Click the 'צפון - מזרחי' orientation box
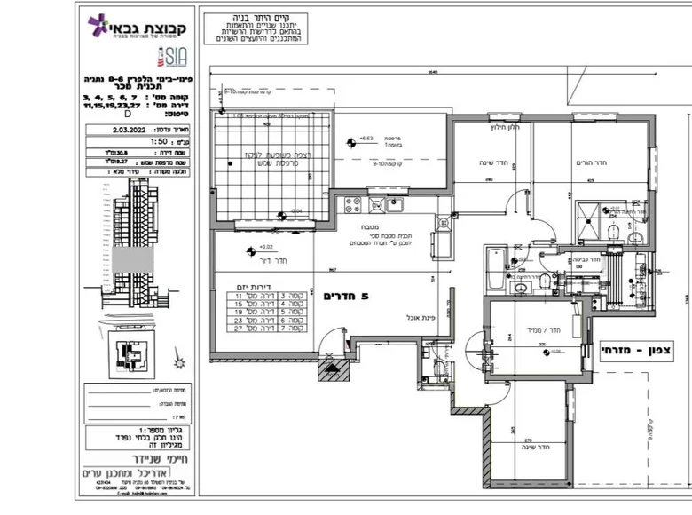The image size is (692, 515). pos(641,350)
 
